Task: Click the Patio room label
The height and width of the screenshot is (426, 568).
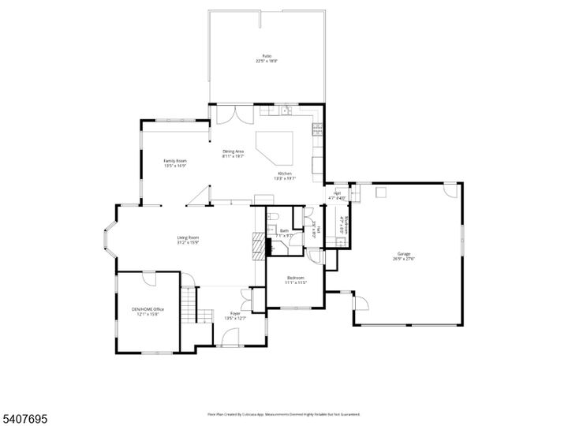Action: [x=266, y=57]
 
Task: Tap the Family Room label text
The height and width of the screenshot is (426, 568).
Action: [x=174, y=160]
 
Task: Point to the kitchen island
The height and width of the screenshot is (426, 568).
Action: [x=278, y=146]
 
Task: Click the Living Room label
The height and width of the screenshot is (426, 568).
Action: [x=187, y=237]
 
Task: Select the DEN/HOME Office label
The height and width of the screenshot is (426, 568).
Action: [x=148, y=310]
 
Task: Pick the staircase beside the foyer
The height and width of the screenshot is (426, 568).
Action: [x=189, y=304]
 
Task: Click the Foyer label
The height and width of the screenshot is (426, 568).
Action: [x=235, y=313]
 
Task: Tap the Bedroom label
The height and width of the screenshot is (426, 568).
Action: [x=296, y=278]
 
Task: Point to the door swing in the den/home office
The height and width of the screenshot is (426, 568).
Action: [x=149, y=278]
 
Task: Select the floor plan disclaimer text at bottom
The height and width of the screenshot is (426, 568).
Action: [x=283, y=413]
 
